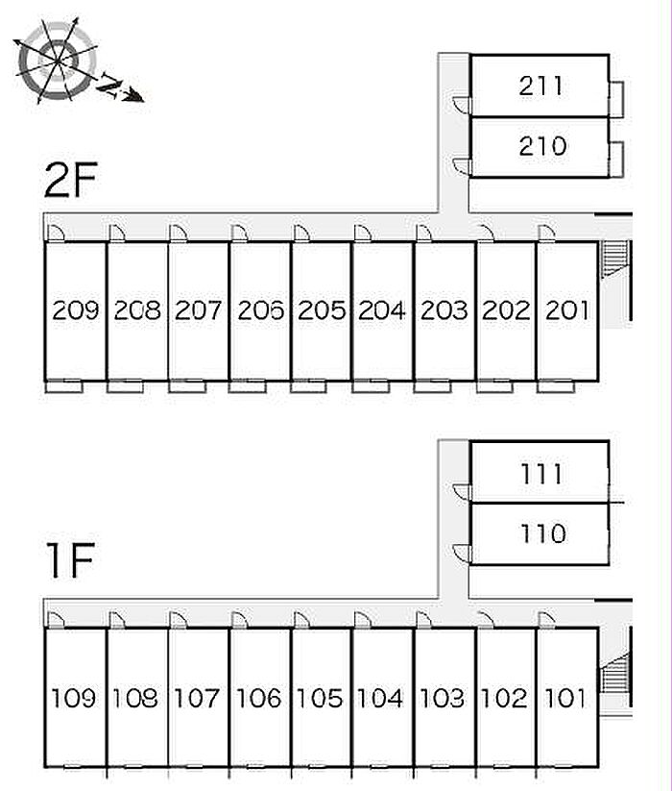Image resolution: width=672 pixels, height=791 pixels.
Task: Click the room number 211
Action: coord(540,86)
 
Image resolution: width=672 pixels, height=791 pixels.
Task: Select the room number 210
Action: coord(542,146)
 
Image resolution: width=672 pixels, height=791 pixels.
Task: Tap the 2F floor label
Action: coord(70,180)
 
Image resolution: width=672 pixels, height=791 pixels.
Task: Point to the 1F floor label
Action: coord(70,560)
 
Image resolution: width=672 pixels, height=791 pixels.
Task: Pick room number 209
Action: coord(76,310)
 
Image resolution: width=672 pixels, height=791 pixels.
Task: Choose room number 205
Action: coord(322,310)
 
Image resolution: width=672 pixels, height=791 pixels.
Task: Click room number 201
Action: coord(566,310)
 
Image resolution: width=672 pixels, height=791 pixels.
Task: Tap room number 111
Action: coord(541,474)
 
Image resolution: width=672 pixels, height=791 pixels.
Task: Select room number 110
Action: coord(543,533)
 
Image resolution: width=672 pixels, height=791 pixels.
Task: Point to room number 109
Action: coord(74,698)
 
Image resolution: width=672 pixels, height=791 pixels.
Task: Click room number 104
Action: coord(380,698)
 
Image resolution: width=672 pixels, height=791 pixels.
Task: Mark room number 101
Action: coord(565,698)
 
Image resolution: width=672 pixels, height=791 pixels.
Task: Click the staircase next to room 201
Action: coord(615,259)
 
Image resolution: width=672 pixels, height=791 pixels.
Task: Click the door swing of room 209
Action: coord(56,233)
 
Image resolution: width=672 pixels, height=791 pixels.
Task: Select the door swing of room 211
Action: coord(462,105)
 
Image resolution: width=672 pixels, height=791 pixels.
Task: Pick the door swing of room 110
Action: coord(462,553)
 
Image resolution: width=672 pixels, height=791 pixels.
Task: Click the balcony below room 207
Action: coord(187,387)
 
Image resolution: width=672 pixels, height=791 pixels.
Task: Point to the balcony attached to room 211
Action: coord(616,99)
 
